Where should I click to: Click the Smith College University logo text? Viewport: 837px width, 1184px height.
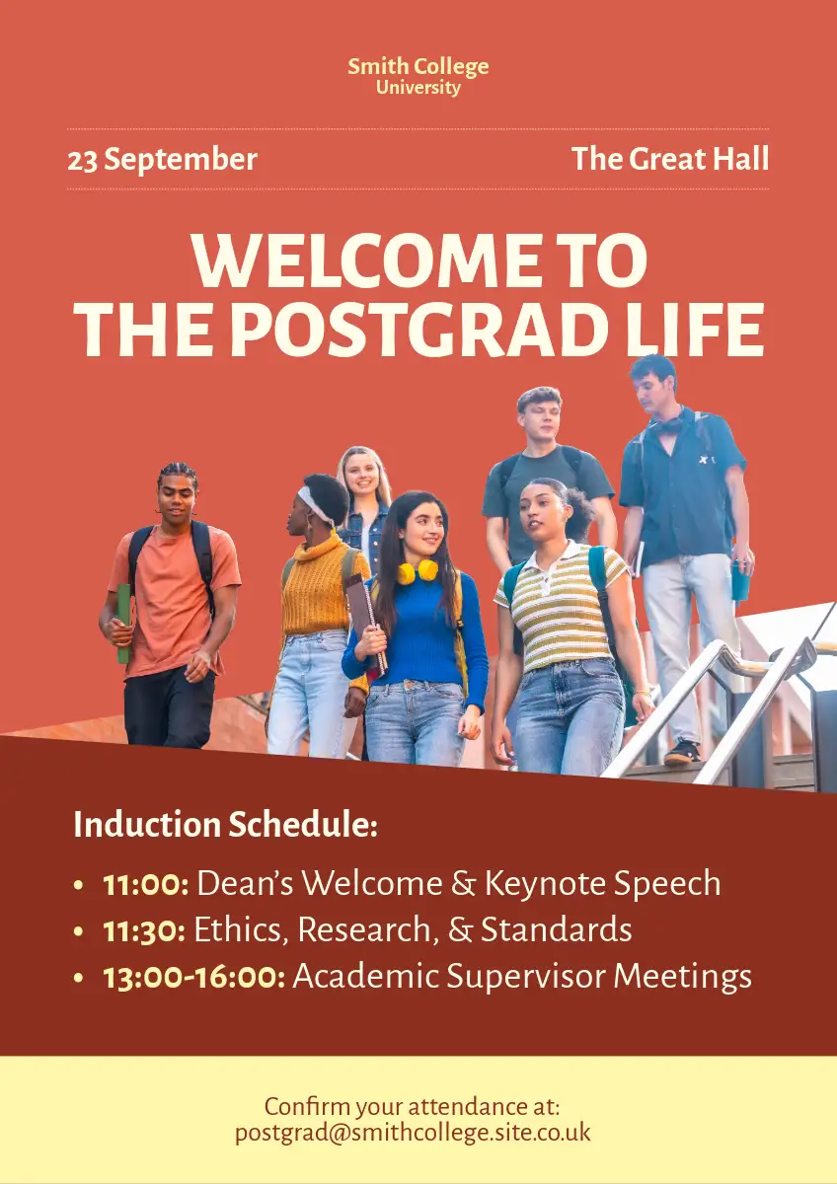418,76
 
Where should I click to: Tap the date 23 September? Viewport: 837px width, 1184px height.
162,159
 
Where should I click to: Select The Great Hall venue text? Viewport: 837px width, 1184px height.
670,158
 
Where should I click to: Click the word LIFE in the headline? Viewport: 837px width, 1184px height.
695,330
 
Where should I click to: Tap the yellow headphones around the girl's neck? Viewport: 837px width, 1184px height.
418,572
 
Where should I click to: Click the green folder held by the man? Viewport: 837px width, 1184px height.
123,624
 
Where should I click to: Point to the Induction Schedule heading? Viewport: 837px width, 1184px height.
226,824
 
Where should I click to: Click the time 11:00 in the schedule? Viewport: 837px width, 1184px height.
145,885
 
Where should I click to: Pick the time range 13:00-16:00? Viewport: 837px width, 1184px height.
194,978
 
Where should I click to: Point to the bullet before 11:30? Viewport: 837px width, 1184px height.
79,931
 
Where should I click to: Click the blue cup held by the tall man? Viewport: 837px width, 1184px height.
741,581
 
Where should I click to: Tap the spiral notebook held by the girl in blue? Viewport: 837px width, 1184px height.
366,626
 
